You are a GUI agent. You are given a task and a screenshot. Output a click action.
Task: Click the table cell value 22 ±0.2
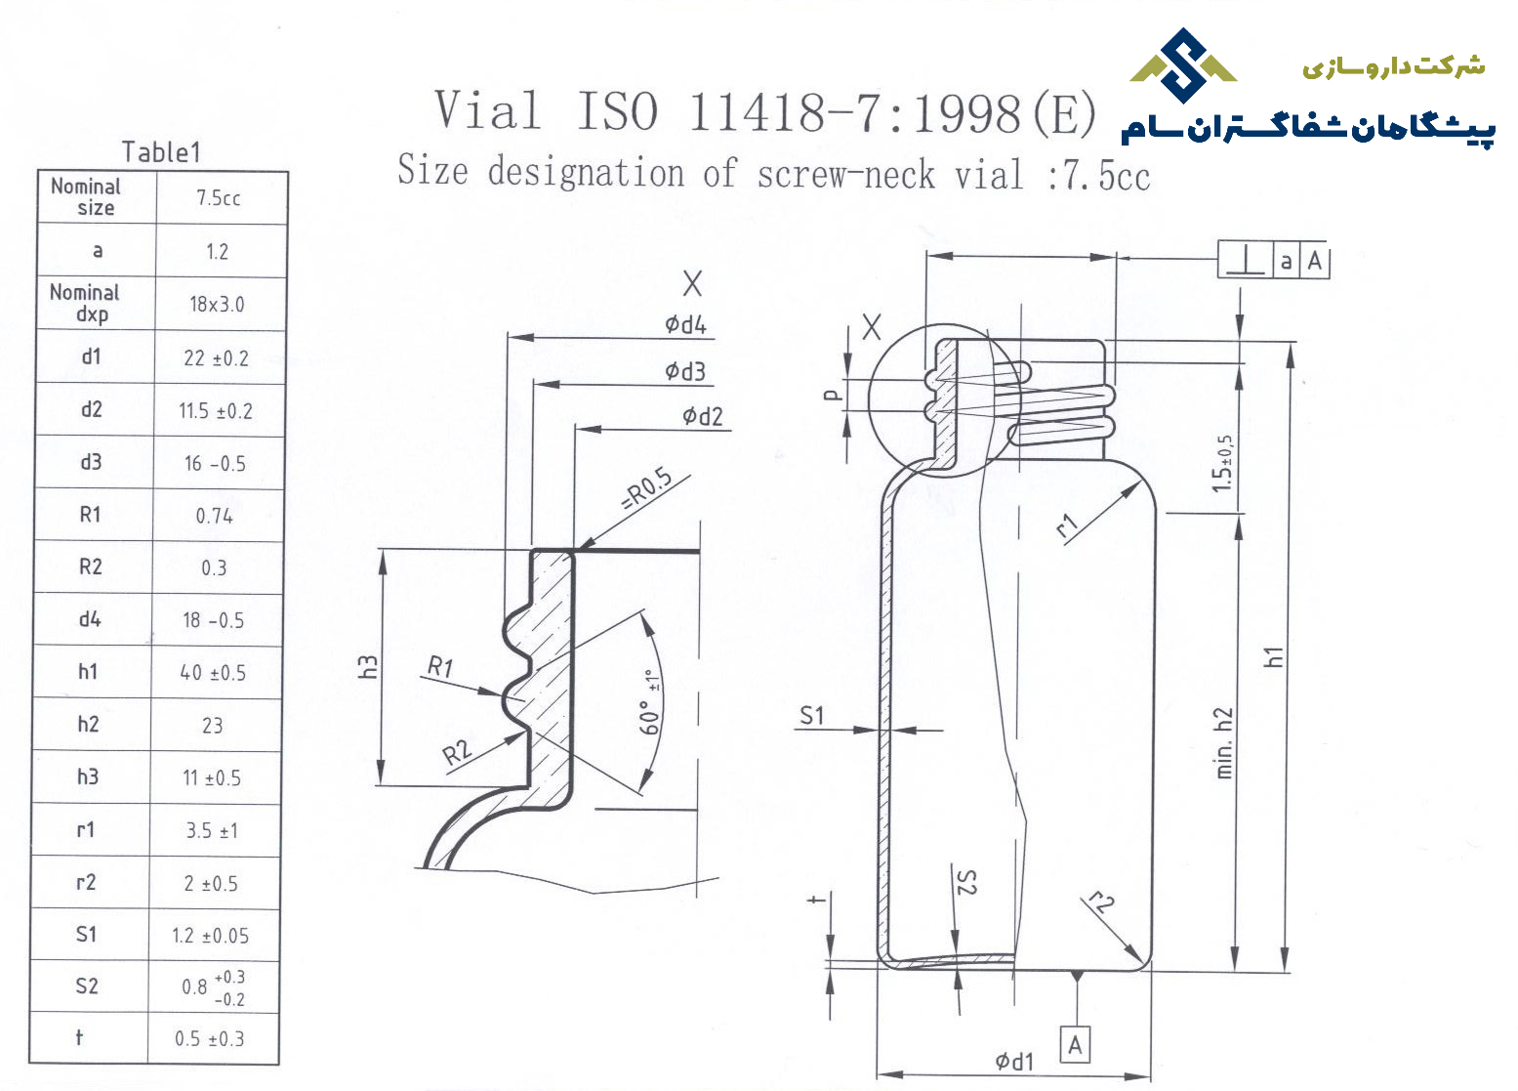(216, 358)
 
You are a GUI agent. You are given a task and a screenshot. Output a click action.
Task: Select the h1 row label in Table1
(88, 671)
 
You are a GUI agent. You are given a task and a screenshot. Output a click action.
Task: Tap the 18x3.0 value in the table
(217, 305)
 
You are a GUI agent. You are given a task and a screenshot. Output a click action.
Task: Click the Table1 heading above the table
(161, 152)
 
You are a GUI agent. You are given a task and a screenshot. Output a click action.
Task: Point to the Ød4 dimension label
(686, 325)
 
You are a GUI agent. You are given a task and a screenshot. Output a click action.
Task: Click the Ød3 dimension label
(685, 371)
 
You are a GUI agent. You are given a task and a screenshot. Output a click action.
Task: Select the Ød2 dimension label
(703, 416)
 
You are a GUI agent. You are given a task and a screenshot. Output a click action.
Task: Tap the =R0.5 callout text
(647, 489)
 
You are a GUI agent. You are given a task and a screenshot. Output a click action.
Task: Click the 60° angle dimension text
(649, 703)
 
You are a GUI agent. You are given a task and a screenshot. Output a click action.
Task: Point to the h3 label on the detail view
(367, 667)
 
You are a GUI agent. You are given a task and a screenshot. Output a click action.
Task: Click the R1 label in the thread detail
(440, 666)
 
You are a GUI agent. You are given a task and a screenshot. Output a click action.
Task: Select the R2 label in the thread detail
(457, 753)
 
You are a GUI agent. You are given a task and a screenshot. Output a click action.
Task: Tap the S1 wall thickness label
(812, 715)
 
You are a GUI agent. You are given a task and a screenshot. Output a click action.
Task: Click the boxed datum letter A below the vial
(1075, 1045)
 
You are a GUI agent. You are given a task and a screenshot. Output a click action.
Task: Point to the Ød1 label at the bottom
(1014, 1061)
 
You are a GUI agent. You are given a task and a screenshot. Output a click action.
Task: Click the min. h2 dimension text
(1224, 743)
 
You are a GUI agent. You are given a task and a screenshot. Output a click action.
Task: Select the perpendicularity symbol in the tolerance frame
(1247, 261)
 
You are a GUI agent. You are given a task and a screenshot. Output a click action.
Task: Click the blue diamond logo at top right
(1184, 65)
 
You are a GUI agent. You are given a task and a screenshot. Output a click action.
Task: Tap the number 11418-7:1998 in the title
(854, 112)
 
